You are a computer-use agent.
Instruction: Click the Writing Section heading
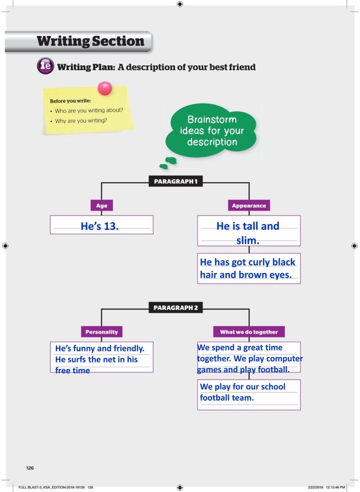90,42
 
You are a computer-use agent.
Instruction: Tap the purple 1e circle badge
45,67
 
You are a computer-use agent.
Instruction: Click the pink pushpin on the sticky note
105,88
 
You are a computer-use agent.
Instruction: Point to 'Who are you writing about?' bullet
89,111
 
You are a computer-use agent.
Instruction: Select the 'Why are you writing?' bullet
81,121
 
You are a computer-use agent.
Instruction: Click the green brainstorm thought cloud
211,131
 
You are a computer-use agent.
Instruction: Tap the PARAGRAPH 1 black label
175,182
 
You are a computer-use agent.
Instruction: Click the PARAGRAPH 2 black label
175,308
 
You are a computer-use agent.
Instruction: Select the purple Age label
102,206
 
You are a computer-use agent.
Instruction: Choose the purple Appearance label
249,206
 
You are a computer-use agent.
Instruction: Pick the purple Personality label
102,332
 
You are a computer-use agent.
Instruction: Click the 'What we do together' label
249,332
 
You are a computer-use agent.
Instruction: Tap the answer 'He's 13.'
100,226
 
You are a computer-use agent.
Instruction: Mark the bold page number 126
30,468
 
